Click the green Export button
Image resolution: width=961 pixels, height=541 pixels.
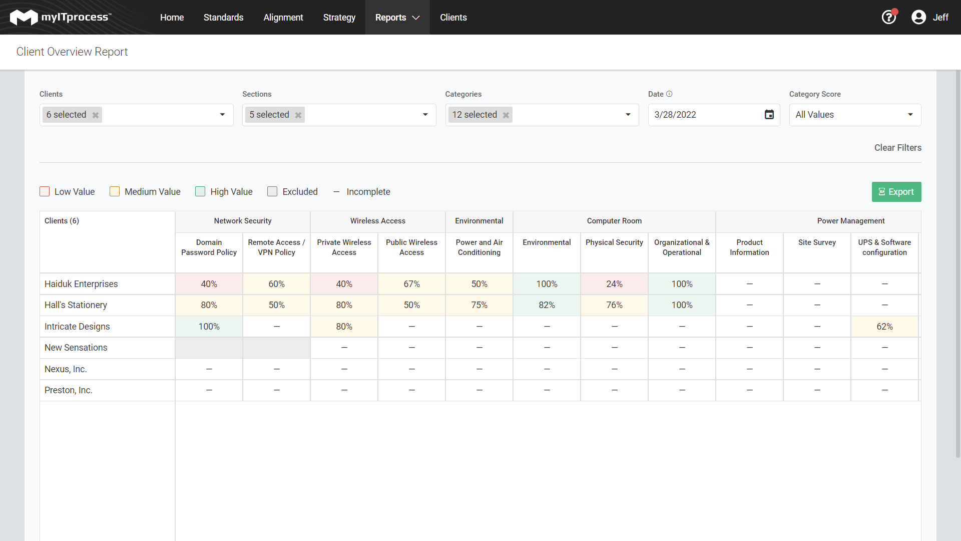[x=896, y=192]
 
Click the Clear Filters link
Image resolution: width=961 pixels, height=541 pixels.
[x=897, y=148]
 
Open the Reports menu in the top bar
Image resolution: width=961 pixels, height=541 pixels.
[x=397, y=18]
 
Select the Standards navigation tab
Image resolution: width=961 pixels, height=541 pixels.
[x=223, y=18]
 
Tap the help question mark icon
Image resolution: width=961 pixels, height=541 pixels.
[x=889, y=18]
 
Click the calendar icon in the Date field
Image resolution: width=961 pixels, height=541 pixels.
[x=769, y=115]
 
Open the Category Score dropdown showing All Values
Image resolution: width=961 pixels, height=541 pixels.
[x=855, y=115]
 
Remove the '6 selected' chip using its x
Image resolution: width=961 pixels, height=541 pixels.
[x=96, y=115]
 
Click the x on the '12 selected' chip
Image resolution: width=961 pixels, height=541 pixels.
[x=506, y=115]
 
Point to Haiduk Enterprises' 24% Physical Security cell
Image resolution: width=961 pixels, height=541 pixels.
[x=614, y=284]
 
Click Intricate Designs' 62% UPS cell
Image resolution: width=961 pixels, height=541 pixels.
[x=884, y=327]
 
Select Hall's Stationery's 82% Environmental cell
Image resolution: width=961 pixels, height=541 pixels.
[x=547, y=305]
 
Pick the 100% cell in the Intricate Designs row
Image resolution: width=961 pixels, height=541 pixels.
[x=209, y=327]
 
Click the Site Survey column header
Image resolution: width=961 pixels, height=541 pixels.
[x=817, y=242]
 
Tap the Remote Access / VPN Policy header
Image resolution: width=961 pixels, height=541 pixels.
[x=276, y=247]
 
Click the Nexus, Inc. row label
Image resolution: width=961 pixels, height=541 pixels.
[x=66, y=369]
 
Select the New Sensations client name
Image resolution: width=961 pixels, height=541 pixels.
[x=76, y=348]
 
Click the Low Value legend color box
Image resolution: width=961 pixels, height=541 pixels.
[x=45, y=191]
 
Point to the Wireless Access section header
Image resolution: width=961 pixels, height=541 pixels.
[x=378, y=221]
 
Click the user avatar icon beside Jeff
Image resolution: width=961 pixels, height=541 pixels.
[x=918, y=18]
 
